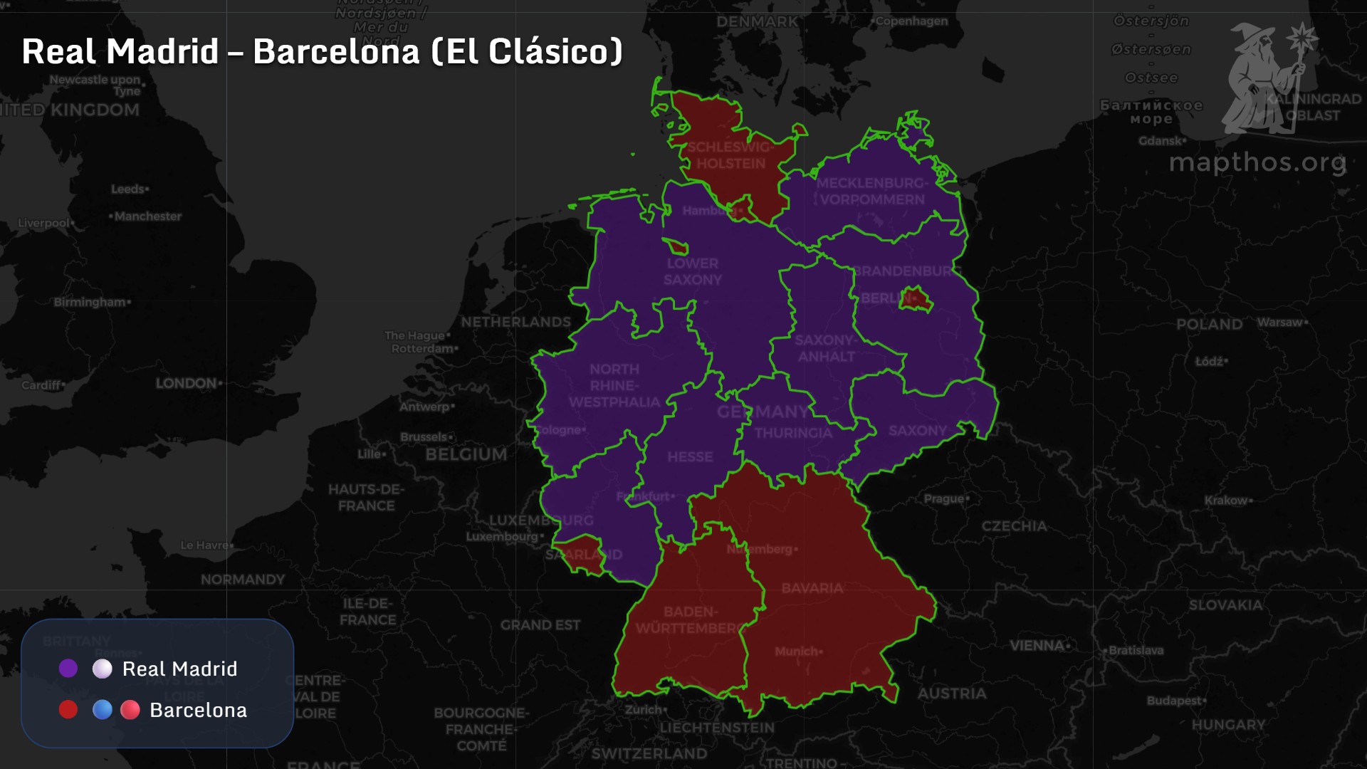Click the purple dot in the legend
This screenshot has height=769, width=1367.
[68, 669]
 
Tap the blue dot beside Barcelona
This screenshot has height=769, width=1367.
[103, 710]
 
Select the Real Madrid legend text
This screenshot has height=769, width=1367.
[179, 669]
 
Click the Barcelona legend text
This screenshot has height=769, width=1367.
[198, 711]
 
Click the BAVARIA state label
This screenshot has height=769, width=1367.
[812, 589]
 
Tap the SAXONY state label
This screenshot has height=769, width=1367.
[917, 431]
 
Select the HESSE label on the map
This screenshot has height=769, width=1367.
[690, 457]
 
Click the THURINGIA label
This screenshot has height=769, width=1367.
[792, 433]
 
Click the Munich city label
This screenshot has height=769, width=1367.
[797, 652]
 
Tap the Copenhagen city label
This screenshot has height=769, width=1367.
[911, 21]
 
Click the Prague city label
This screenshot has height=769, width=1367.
[944, 498]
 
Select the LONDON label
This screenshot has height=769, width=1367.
[187, 383]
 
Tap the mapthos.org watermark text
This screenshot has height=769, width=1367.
[1257, 162]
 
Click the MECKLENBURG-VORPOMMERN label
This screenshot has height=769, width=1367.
[871, 192]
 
